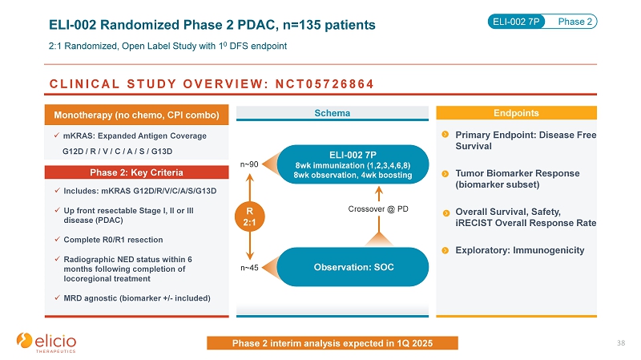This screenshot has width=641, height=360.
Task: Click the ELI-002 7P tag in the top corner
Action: [516, 21]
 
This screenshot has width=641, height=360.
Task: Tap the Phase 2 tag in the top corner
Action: [576, 21]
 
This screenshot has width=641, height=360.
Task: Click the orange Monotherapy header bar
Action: [138, 115]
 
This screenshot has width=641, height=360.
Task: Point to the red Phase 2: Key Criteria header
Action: [138, 172]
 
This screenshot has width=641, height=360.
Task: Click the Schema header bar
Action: [333, 114]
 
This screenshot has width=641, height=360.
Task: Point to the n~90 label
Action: [249, 164]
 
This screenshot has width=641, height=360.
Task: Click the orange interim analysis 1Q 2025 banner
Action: [333, 343]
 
